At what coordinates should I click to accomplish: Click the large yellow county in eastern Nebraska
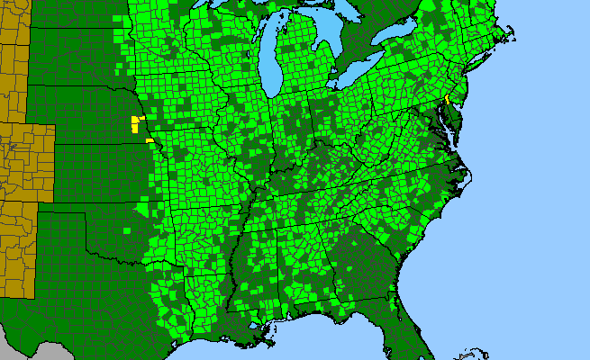[136, 123]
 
